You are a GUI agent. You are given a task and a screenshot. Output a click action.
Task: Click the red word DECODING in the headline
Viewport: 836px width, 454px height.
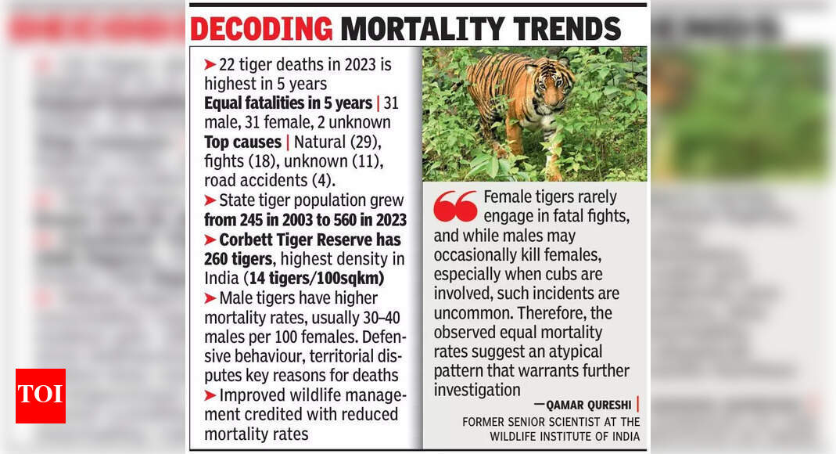point(261,28)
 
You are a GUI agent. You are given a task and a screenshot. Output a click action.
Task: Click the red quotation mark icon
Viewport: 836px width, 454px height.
point(455,205)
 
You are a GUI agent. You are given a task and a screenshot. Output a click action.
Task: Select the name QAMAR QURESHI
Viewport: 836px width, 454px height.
point(583,405)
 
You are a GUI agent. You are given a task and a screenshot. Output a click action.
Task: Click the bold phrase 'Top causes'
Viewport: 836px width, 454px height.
point(242,142)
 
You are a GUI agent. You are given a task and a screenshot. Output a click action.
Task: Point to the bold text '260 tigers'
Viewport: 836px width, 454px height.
point(242,258)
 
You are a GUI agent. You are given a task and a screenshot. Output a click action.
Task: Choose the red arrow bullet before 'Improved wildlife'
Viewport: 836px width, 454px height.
point(210,395)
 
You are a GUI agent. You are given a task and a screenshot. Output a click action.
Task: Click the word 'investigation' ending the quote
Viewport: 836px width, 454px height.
point(477,389)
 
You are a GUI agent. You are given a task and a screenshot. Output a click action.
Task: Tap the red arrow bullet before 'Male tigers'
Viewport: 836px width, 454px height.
point(210,297)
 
